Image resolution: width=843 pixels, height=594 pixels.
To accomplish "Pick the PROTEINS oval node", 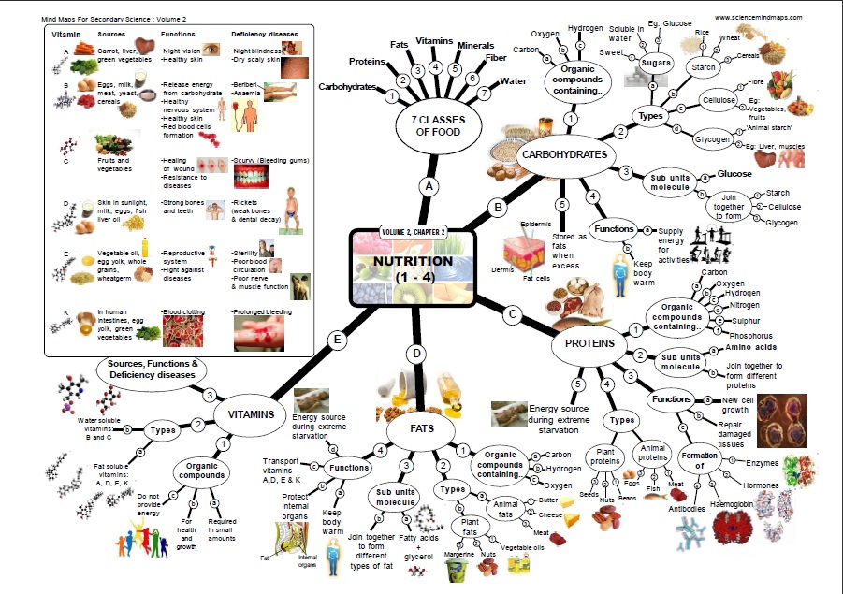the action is [596, 343].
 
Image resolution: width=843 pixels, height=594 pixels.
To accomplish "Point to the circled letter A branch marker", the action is [429, 186].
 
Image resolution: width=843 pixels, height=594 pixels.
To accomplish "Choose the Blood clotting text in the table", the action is [184, 311].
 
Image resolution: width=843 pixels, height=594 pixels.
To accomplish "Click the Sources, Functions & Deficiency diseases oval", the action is [153, 369].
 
